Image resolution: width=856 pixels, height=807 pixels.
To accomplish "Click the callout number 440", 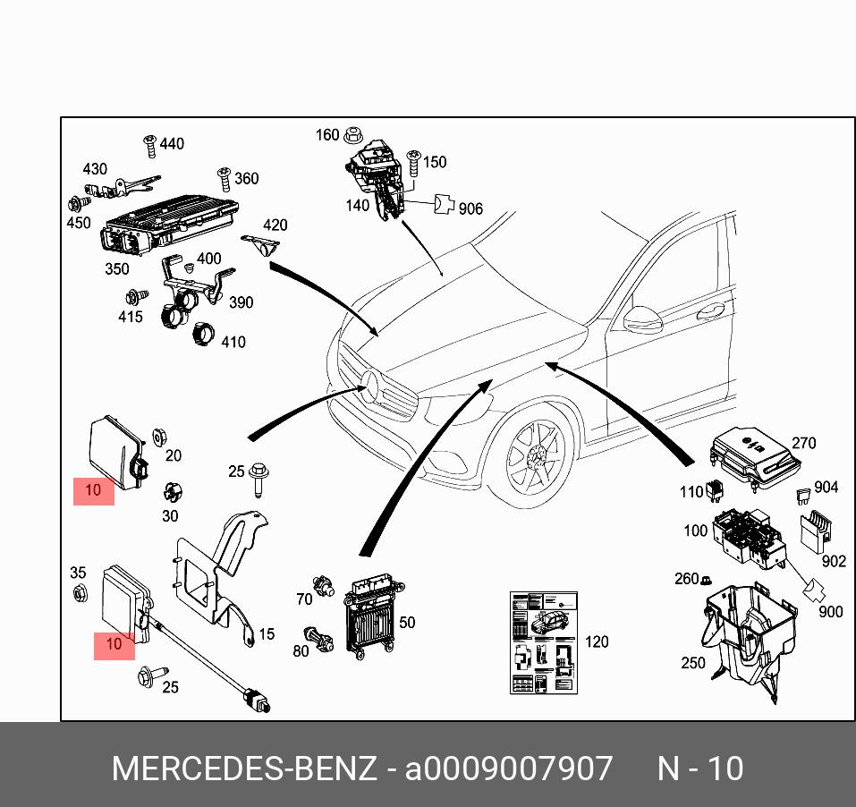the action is click(172, 144).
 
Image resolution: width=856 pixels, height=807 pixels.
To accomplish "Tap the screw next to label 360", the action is click(224, 179).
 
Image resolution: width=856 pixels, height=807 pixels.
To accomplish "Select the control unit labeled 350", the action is click(170, 226).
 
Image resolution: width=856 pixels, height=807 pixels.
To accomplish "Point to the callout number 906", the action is click(470, 208).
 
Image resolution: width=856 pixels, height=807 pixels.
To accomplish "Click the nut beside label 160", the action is click(353, 134).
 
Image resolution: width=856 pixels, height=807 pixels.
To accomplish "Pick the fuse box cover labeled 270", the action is click(754, 458).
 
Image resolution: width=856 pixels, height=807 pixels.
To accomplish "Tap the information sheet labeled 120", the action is click(544, 642).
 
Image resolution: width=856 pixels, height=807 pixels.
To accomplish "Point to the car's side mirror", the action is click(642, 319).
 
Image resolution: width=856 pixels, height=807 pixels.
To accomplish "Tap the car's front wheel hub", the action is click(536, 454).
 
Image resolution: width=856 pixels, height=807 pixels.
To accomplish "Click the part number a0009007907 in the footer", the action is click(508, 769).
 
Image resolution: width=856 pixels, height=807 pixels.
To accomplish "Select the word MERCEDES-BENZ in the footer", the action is click(244, 769).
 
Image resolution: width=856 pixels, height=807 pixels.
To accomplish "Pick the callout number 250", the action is click(693, 663).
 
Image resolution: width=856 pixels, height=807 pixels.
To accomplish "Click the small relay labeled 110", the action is click(716, 489).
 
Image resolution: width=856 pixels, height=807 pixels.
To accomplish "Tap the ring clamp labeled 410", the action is click(202, 334).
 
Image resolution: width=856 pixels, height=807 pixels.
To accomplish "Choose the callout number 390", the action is click(241, 302).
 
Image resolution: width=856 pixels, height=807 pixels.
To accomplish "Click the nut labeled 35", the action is click(81, 592).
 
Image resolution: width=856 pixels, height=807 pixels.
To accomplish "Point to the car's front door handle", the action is click(710, 311).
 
